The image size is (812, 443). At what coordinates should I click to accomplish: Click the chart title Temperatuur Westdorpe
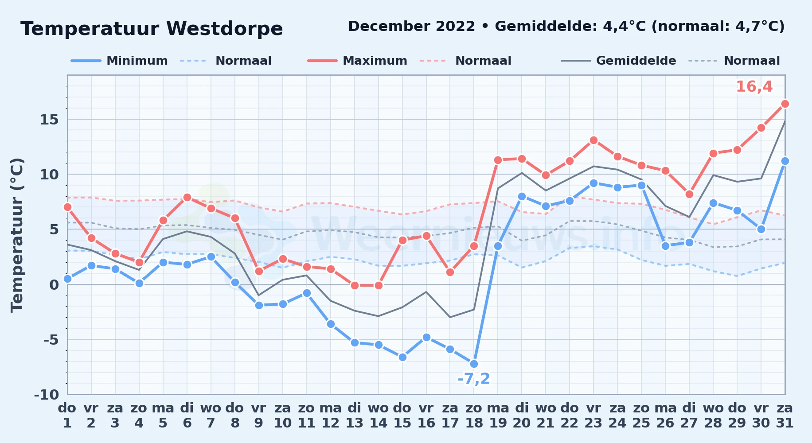(x=152, y=29)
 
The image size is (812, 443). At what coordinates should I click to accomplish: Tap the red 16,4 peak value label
(x=754, y=87)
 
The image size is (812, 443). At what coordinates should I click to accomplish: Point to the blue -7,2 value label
(x=474, y=379)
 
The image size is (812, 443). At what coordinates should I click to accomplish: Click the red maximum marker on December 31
(x=785, y=104)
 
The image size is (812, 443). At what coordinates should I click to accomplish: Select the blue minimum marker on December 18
(x=474, y=364)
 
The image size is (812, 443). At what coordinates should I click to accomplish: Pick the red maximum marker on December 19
(x=498, y=160)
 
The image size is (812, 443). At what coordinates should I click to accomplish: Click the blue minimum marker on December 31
(x=785, y=161)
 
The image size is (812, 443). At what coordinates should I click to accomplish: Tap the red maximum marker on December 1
(x=67, y=207)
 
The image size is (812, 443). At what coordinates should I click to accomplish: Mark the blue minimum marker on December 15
(x=402, y=357)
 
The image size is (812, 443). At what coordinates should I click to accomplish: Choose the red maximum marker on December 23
(x=593, y=140)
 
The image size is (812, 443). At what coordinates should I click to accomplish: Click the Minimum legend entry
(x=119, y=61)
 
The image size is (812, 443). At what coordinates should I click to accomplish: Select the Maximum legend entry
(x=357, y=61)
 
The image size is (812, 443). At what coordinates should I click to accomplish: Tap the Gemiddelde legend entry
(x=619, y=61)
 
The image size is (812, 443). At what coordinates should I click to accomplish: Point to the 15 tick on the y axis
(x=49, y=120)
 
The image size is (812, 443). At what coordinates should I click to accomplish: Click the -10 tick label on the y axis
(x=47, y=394)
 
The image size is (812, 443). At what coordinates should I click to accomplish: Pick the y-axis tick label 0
(x=54, y=284)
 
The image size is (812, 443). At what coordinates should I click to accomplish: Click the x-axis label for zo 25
(x=641, y=416)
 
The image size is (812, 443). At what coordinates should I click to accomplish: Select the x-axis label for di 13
(x=355, y=416)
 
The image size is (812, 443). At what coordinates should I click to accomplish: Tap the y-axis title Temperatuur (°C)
(x=17, y=235)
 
